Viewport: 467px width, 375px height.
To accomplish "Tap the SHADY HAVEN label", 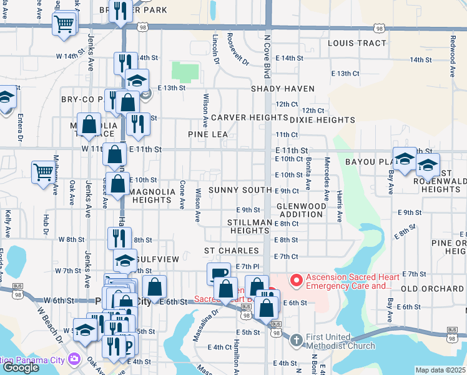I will tap(283, 89).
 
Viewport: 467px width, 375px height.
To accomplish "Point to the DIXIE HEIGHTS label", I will tap(322, 119).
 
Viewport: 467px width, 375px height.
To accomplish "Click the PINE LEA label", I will tap(208, 134).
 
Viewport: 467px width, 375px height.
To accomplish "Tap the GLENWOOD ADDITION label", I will tap(302, 210).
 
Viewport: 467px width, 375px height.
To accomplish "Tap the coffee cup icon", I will tap(218, 273).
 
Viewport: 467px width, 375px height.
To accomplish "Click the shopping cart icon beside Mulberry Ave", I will tap(43, 171).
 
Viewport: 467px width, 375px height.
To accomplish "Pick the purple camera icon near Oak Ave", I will tap(74, 359).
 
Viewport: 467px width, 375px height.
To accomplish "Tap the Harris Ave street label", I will tap(340, 207).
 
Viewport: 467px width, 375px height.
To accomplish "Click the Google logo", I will tap(21, 367).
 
